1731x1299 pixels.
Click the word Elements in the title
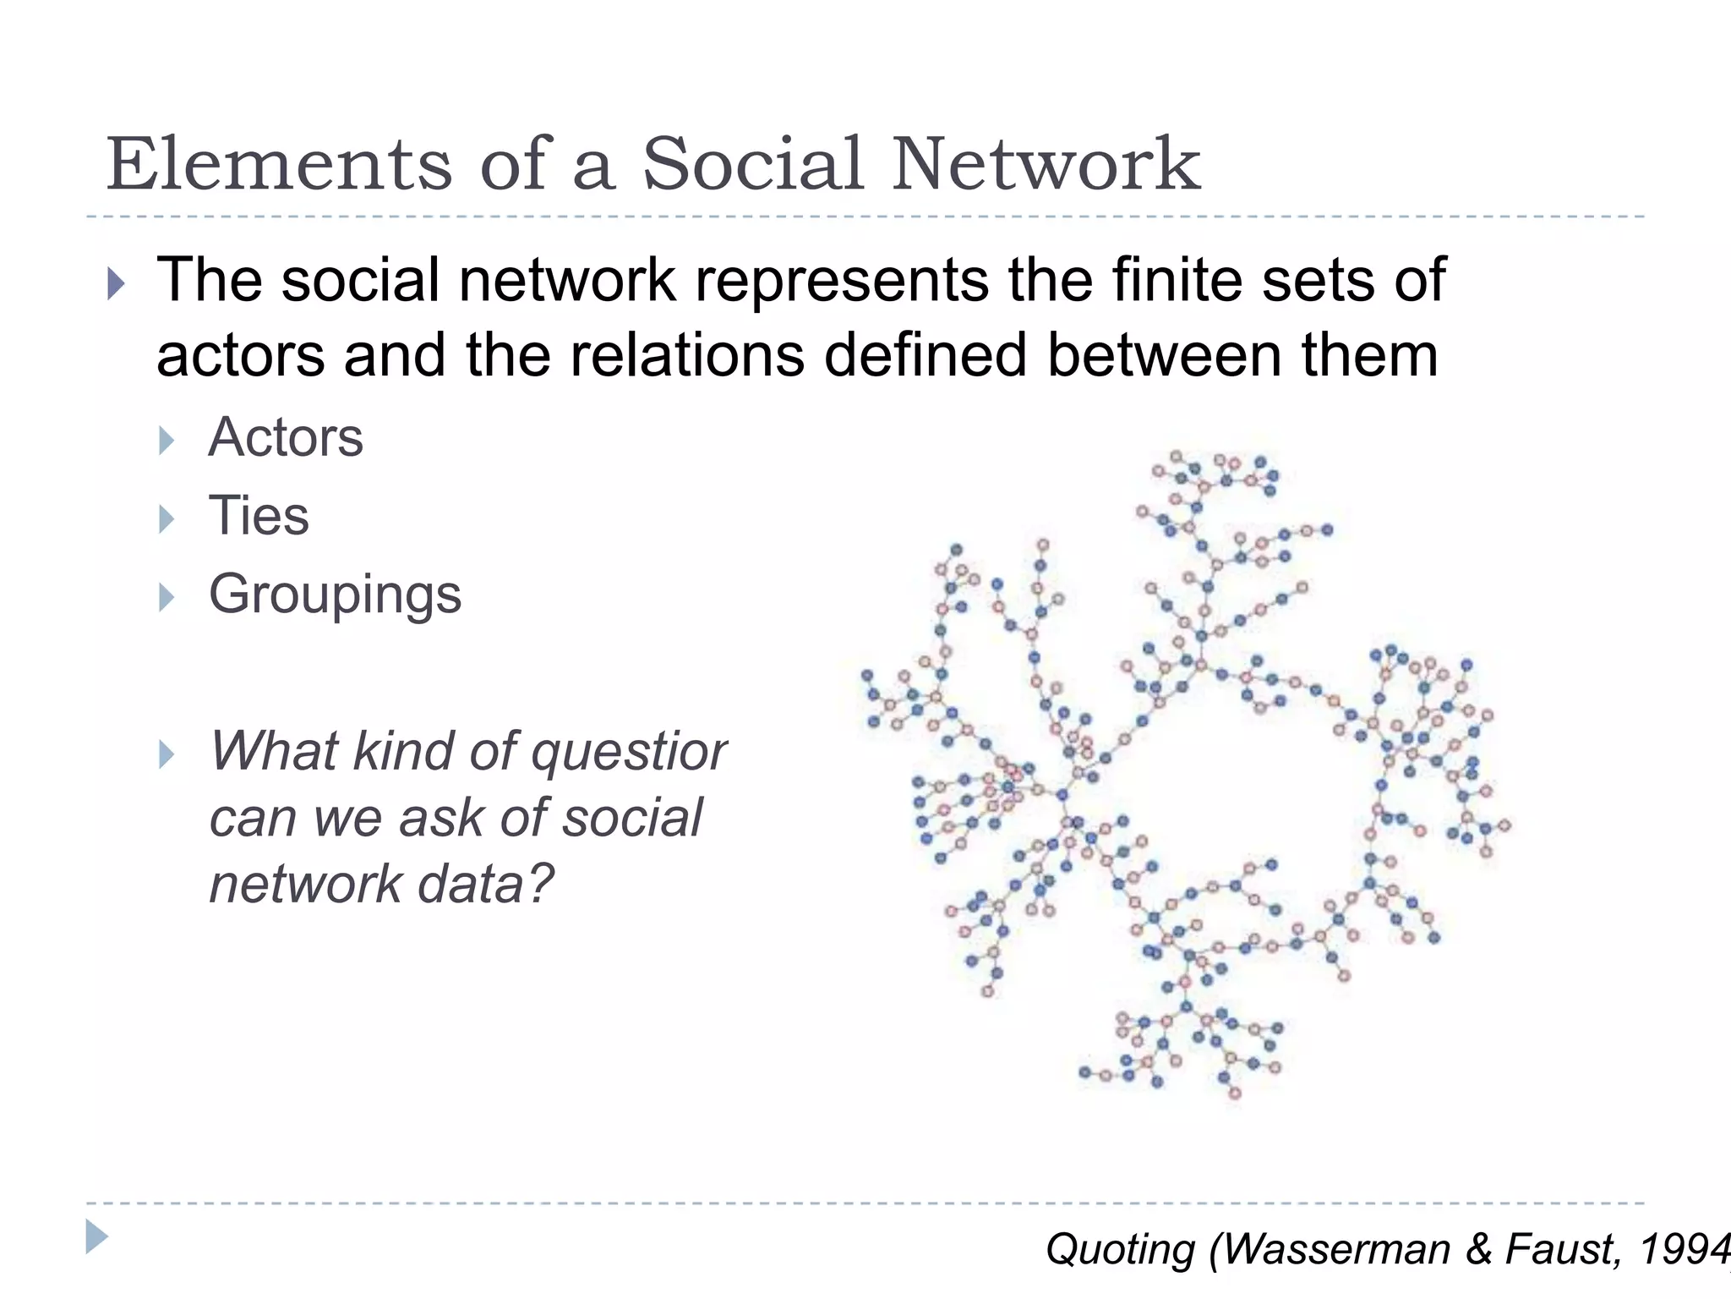(x=280, y=164)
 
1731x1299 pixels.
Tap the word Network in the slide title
(x=1046, y=164)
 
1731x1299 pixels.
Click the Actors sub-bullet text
(x=286, y=438)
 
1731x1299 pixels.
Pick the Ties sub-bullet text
(x=259, y=516)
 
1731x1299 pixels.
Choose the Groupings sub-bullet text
(x=335, y=595)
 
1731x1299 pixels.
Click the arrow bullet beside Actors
(x=167, y=441)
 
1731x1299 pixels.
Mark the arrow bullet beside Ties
(x=167, y=518)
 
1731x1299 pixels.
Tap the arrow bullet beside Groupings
(x=167, y=597)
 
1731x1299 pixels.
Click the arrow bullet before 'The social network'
(x=116, y=283)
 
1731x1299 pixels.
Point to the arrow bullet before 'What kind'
(x=167, y=754)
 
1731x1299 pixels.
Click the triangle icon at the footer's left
(x=97, y=1236)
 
